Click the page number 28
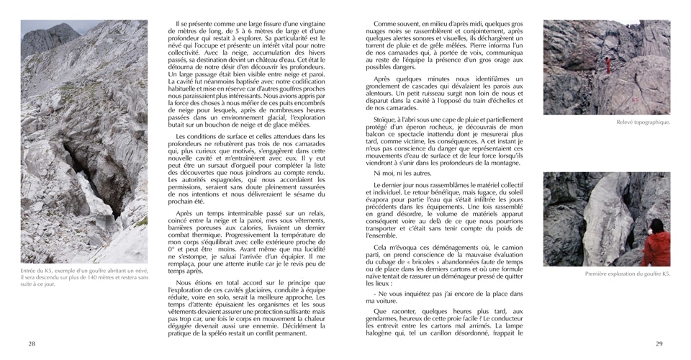pyautogui.click(x=32, y=343)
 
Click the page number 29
pyautogui.click(x=659, y=343)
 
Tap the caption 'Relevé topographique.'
pyautogui.click(x=643, y=122)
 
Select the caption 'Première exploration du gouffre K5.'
pyautogui.click(x=627, y=274)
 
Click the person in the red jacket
pyautogui.click(x=656, y=243)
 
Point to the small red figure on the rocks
pyautogui.click(x=608, y=66)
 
